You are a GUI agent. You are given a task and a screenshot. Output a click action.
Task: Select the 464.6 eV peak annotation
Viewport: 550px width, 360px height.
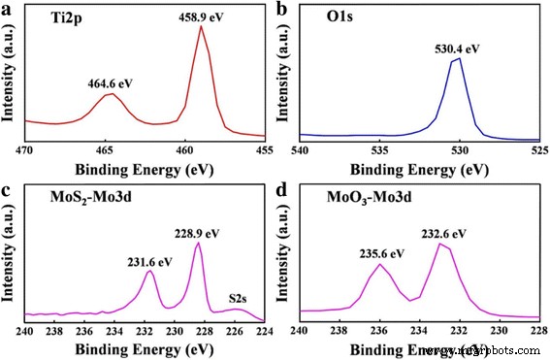pos(104,83)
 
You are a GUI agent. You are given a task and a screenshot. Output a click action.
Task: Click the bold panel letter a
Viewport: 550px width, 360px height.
pos(8,9)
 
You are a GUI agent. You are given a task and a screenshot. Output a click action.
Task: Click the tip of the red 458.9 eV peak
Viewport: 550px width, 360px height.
pos(202,26)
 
